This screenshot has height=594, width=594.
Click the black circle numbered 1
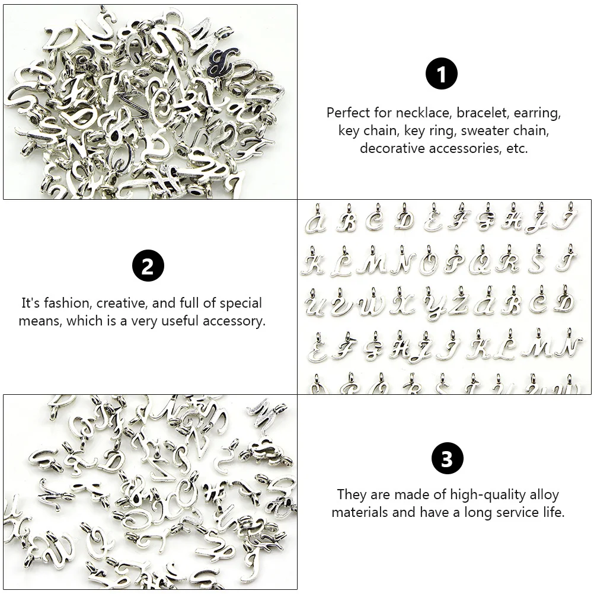point(442,74)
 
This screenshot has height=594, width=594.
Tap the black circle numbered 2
point(148,266)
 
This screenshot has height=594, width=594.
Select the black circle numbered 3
point(447,458)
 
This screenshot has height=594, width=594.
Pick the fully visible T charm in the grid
point(566,261)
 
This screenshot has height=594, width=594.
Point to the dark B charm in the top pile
point(218,63)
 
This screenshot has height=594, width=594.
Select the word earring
point(535,113)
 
